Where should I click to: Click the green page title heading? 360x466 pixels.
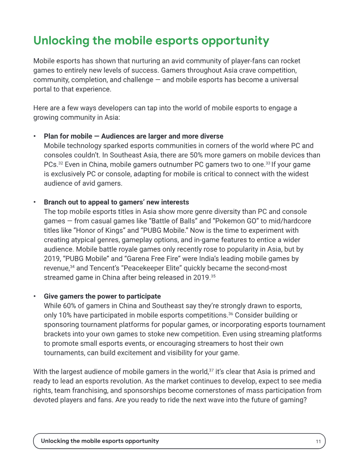pyautogui.click(x=151, y=41)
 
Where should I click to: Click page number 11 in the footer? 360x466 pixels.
pyautogui.click(x=318, y=441)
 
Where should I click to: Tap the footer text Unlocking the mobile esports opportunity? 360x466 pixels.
pyautogui.click(x=100, y=441)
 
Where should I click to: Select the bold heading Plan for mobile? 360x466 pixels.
pyautogui.click(x=133, y=136)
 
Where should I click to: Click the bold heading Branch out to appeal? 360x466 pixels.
pyautogui.click(x=116, y=202)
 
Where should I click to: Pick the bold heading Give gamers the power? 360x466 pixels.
pyautogui.click(x=102, y=296)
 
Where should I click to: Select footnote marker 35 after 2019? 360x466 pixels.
pyautogui.click(x=213, y=276)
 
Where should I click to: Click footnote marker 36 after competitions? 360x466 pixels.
pyautogui.click(x=230, y=314)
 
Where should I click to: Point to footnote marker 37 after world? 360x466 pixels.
pyautogui.click(x=211, y=371)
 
